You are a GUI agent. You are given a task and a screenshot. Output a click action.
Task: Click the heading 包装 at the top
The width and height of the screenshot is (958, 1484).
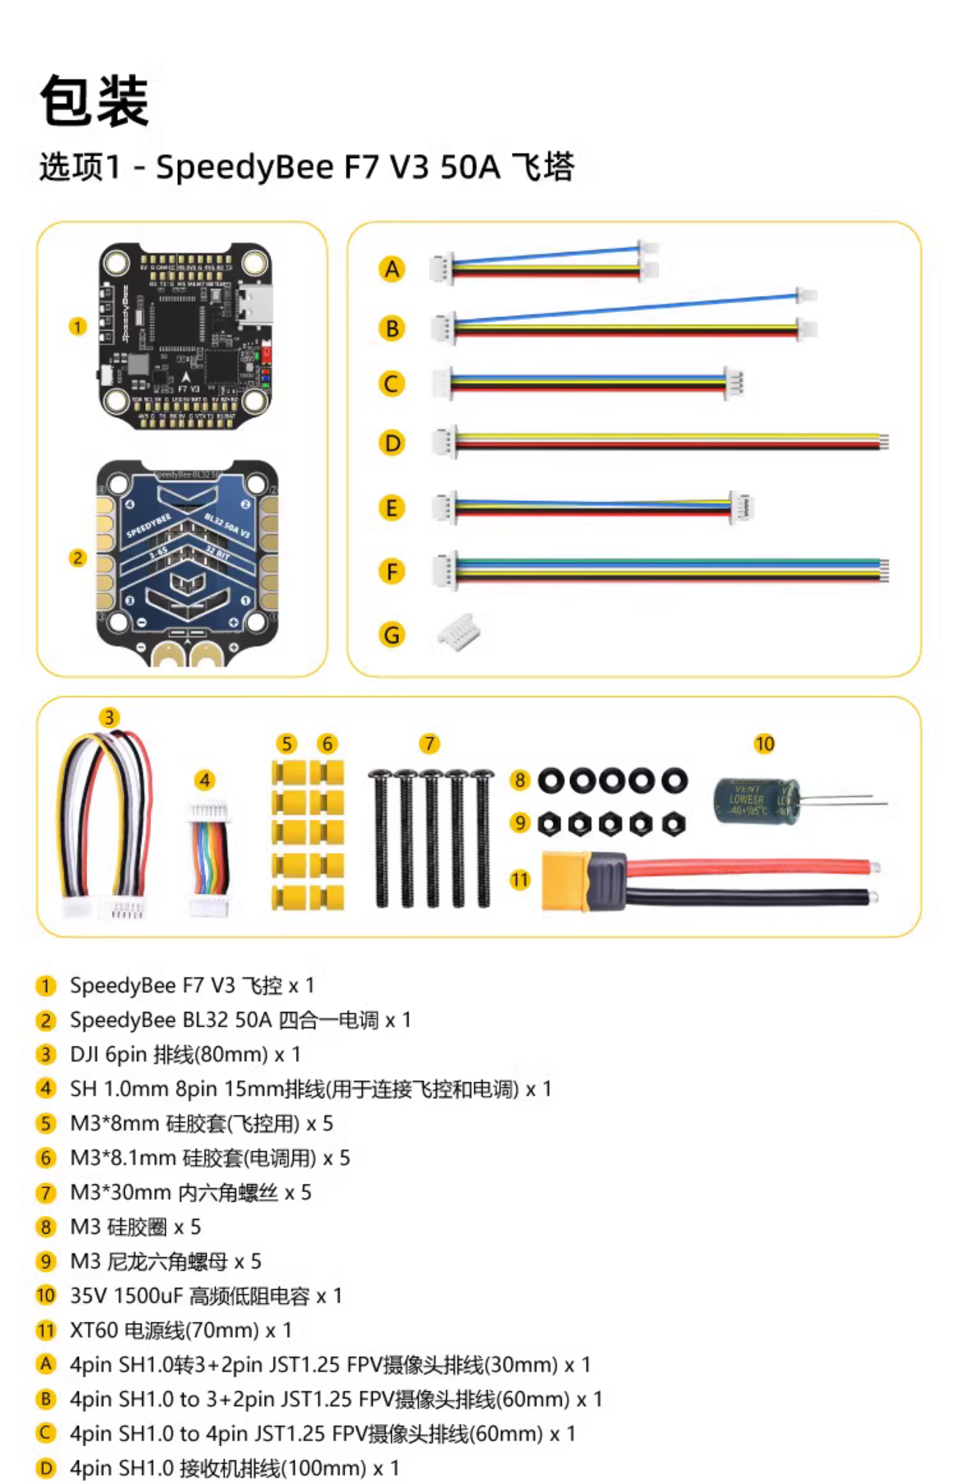point(95,101)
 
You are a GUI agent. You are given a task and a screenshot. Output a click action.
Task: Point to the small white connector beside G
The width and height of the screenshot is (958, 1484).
point(459,632)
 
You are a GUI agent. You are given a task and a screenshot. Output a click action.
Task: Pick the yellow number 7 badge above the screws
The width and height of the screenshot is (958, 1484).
point(429,744)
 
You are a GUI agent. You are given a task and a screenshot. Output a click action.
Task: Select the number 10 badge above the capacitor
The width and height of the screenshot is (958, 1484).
point(764,744)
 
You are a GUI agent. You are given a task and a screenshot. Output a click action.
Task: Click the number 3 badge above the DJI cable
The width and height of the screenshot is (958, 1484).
point(109,717)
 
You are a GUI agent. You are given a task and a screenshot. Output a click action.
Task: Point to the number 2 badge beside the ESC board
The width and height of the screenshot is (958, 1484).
point(77,558)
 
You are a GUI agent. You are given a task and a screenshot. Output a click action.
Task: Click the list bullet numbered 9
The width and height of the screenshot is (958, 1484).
point(46,1261)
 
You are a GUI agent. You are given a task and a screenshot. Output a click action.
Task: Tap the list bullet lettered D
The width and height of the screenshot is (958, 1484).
point(46,1468)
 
